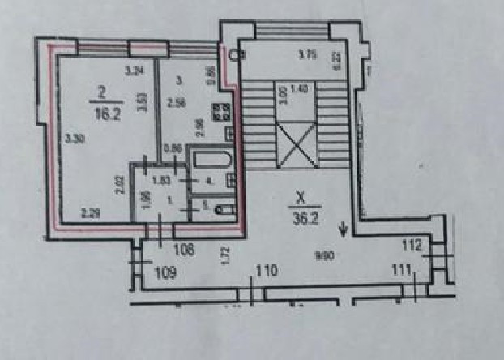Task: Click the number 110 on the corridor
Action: tap(267, 270)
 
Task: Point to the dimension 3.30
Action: tap(75, 137)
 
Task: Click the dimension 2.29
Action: tap(89, 213)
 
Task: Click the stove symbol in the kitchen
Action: tap(221, 113)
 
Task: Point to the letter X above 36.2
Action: tap(301, 197)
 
